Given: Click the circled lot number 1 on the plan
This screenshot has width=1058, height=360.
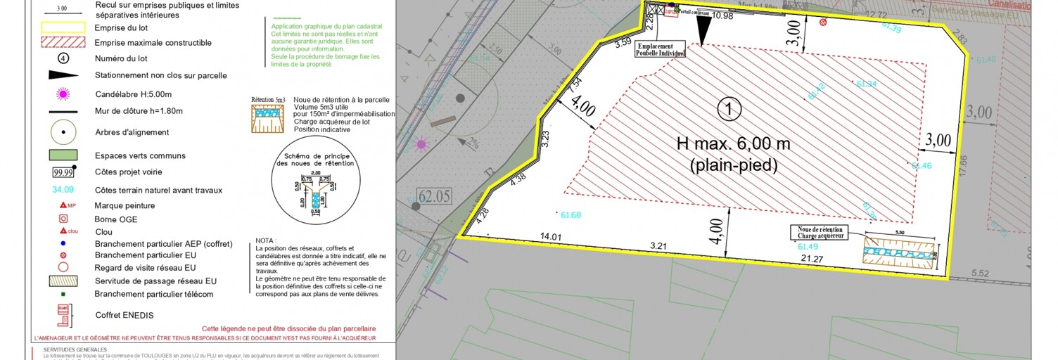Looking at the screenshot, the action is click(x=729, y=109).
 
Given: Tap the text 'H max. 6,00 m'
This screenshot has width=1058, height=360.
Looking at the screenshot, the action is click(x=733, y=144).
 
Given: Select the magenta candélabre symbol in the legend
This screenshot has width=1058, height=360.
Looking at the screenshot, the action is click(x=63, y=93).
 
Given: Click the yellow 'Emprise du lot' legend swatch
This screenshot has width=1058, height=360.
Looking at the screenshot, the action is click(x=63, y=28).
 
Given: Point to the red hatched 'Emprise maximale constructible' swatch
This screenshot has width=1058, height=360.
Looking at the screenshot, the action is click(x=63, y=43).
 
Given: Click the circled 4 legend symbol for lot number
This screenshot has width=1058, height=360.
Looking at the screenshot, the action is click(x=63, y=58).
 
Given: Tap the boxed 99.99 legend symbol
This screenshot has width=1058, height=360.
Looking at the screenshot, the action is click(x=63, y=172).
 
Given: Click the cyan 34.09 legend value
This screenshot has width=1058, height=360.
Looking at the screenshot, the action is click(x=63, y=190).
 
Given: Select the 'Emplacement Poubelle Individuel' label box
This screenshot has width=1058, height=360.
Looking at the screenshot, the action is click(x=660, y=49).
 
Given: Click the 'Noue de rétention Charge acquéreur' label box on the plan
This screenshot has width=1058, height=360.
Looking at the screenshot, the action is click(x=820, y=233).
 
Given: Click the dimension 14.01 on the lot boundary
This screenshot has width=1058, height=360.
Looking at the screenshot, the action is click(x=550, y=238).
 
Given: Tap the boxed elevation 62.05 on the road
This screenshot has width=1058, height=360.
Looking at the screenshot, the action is click(x=434, y=195).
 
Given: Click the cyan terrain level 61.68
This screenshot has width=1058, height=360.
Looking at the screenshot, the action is click(x=571, y=214).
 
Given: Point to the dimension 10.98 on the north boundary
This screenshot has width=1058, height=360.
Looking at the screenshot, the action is click(x=722, y=15).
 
